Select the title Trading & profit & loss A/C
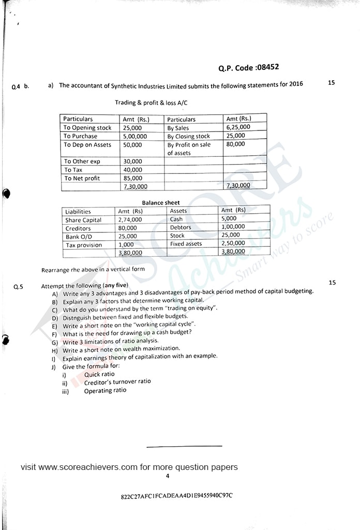[x=151, y=103]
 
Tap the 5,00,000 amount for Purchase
[x=135, y=136]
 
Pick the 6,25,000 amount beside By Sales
[x=238, y=127]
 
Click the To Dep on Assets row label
[x=87, y=145]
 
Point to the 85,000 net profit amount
[x=132, y=178]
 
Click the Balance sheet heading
[x=161, y=202]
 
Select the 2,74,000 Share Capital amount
[x=130, y=219]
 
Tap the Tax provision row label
[x=83, y=245]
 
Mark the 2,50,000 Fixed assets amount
[x=233, y=243]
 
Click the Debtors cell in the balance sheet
[x=181, y=227]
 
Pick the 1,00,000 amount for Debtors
[x=233, y=227]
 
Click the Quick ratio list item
[x=99, y=374]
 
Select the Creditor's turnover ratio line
[x=117, y=381]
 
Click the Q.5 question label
[x=18, y=286]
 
